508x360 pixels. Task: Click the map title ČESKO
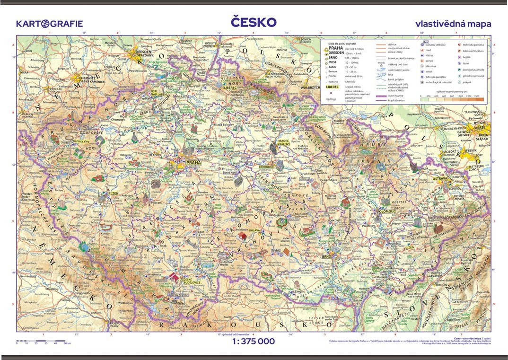pos(254,22)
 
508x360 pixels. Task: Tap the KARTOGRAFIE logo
pos(49,23)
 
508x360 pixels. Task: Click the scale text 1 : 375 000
pos(254,341)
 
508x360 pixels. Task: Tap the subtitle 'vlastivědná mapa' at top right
pos(453,23)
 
